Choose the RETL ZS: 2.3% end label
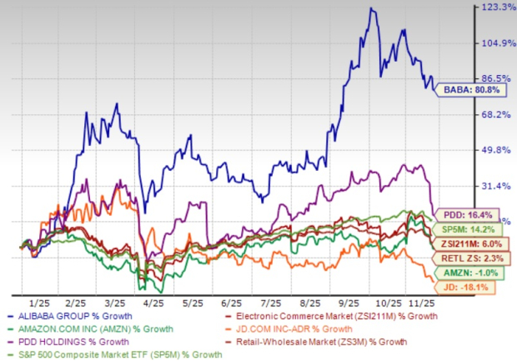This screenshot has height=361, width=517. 476,258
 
